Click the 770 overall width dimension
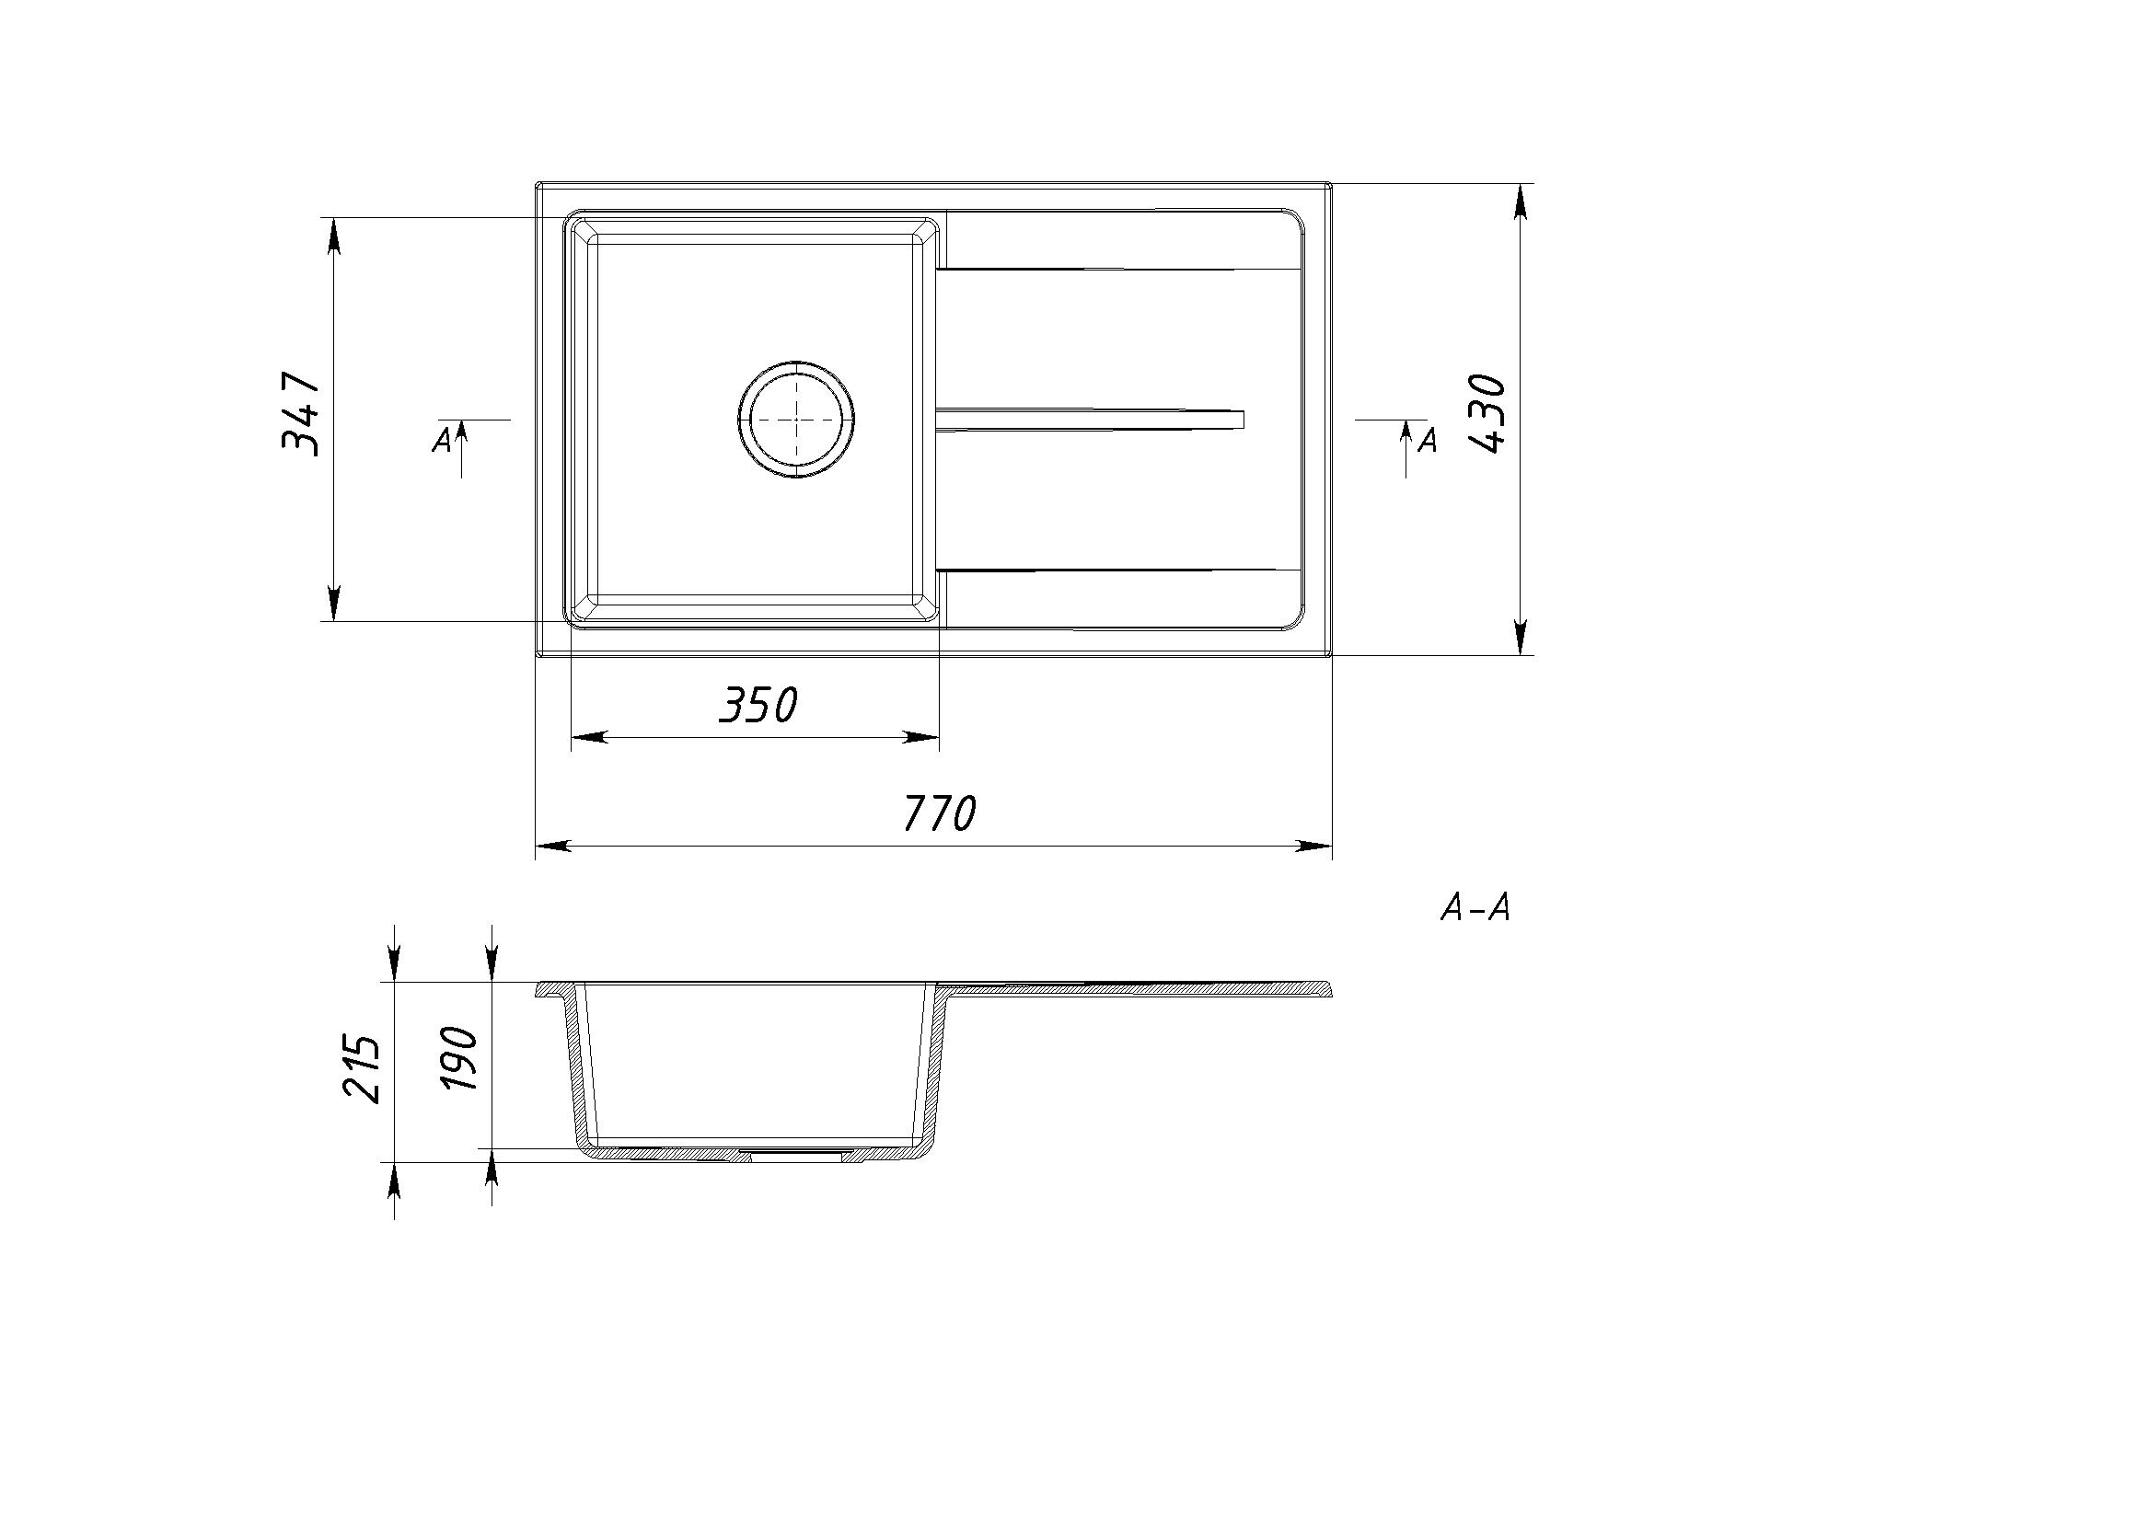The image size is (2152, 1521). [x=938, y=812]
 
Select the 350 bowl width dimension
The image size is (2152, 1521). [x=758, y=705]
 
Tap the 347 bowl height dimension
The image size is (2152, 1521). [x=302, y=413]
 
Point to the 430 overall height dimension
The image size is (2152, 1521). [x=1486, y=413]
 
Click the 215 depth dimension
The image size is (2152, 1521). [x=362, y=1068]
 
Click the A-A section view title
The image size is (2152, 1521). [x=1475, y=908]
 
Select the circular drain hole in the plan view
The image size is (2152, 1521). [x=796, y=418]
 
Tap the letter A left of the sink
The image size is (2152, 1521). [x=443, y=439]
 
